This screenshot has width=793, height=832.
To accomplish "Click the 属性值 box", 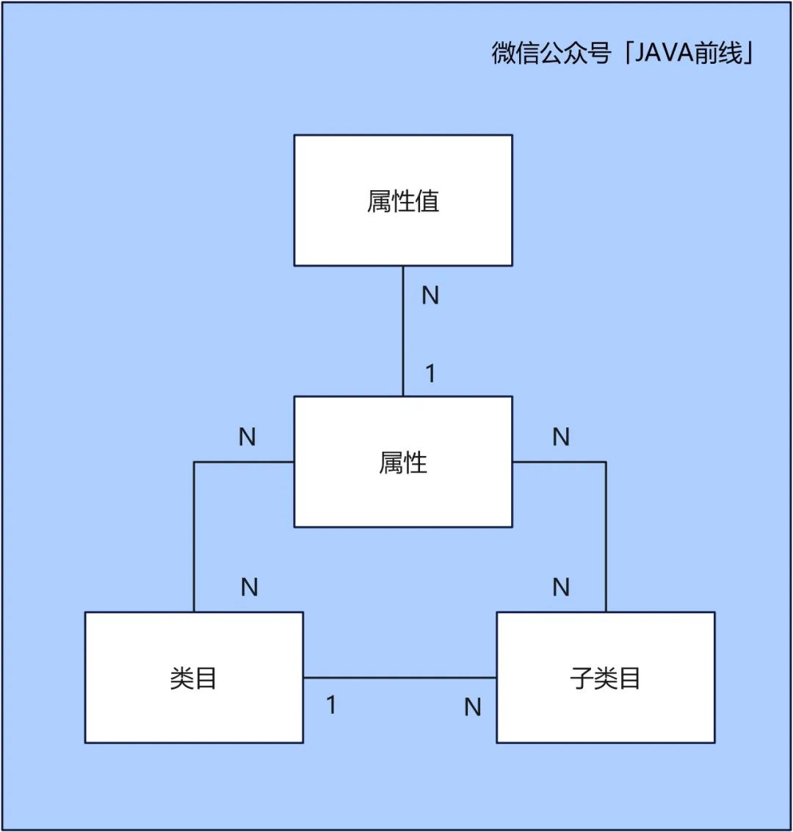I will pyautogui.click(x=403, y=200).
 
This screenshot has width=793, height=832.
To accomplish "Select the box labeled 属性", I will pyautogui.click(x=403, y=462).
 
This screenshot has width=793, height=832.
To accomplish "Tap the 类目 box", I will pyautogui.click(x=194, y=677).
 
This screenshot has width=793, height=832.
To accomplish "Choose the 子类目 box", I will pyautogui.click(x=606, y=677).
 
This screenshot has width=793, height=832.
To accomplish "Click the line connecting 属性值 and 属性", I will pyautogui.click(x=403, y=331).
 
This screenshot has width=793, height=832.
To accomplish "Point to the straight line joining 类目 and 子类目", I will pyautogui.click(x=400, y=677).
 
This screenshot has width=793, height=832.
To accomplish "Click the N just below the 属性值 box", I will pyautogui.click(x=430, y=295).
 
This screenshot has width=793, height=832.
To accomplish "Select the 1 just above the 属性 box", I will pyautogui.click(x=430, y=374).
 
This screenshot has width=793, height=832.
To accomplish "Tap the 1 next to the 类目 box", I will pyautogui.click(x=331, y=705).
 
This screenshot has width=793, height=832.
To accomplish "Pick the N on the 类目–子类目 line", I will pyautogui.click(x=473, y=707).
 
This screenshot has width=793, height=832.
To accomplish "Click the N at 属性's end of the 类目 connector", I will pyautogui.click(x=247, y=437).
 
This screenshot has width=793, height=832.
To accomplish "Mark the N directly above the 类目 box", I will pyautogui.click(x=250, y=587).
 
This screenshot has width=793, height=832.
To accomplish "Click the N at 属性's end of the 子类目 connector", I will pyautogui.click(x=561, y=437).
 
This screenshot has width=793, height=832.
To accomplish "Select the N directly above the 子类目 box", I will pyautogui.click(x=561, y=587).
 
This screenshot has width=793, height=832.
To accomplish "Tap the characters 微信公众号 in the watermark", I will pyautogui.click(x=551, y=54).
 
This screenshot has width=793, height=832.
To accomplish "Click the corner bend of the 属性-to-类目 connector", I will pyautogui.click(x=194, y=462).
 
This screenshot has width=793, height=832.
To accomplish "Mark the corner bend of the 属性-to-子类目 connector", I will pyautogui.click(x=606, y=462).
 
